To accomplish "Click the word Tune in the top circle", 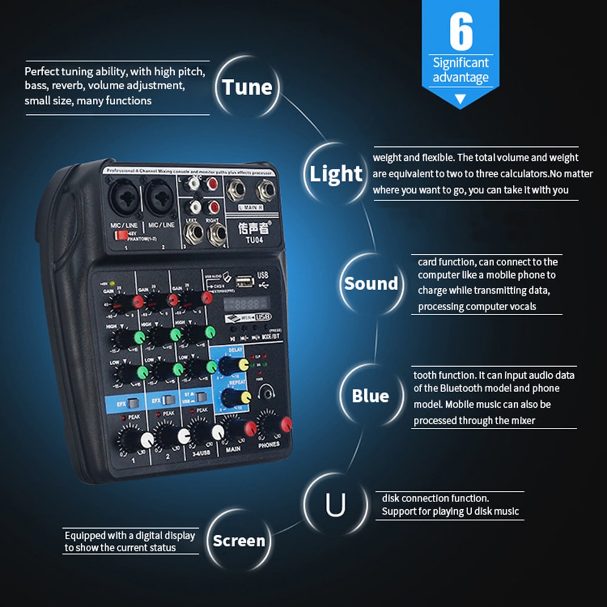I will [247, 87].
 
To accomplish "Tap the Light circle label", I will [336, 174].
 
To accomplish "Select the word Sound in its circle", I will [371, 283].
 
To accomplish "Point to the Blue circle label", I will [370, 396].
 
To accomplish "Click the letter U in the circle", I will [335, 505].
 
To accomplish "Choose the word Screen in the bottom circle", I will [239, 540].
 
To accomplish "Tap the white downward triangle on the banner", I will [460, 98].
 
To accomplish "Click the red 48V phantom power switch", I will [122, 234].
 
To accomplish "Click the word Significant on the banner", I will [461, 63].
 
